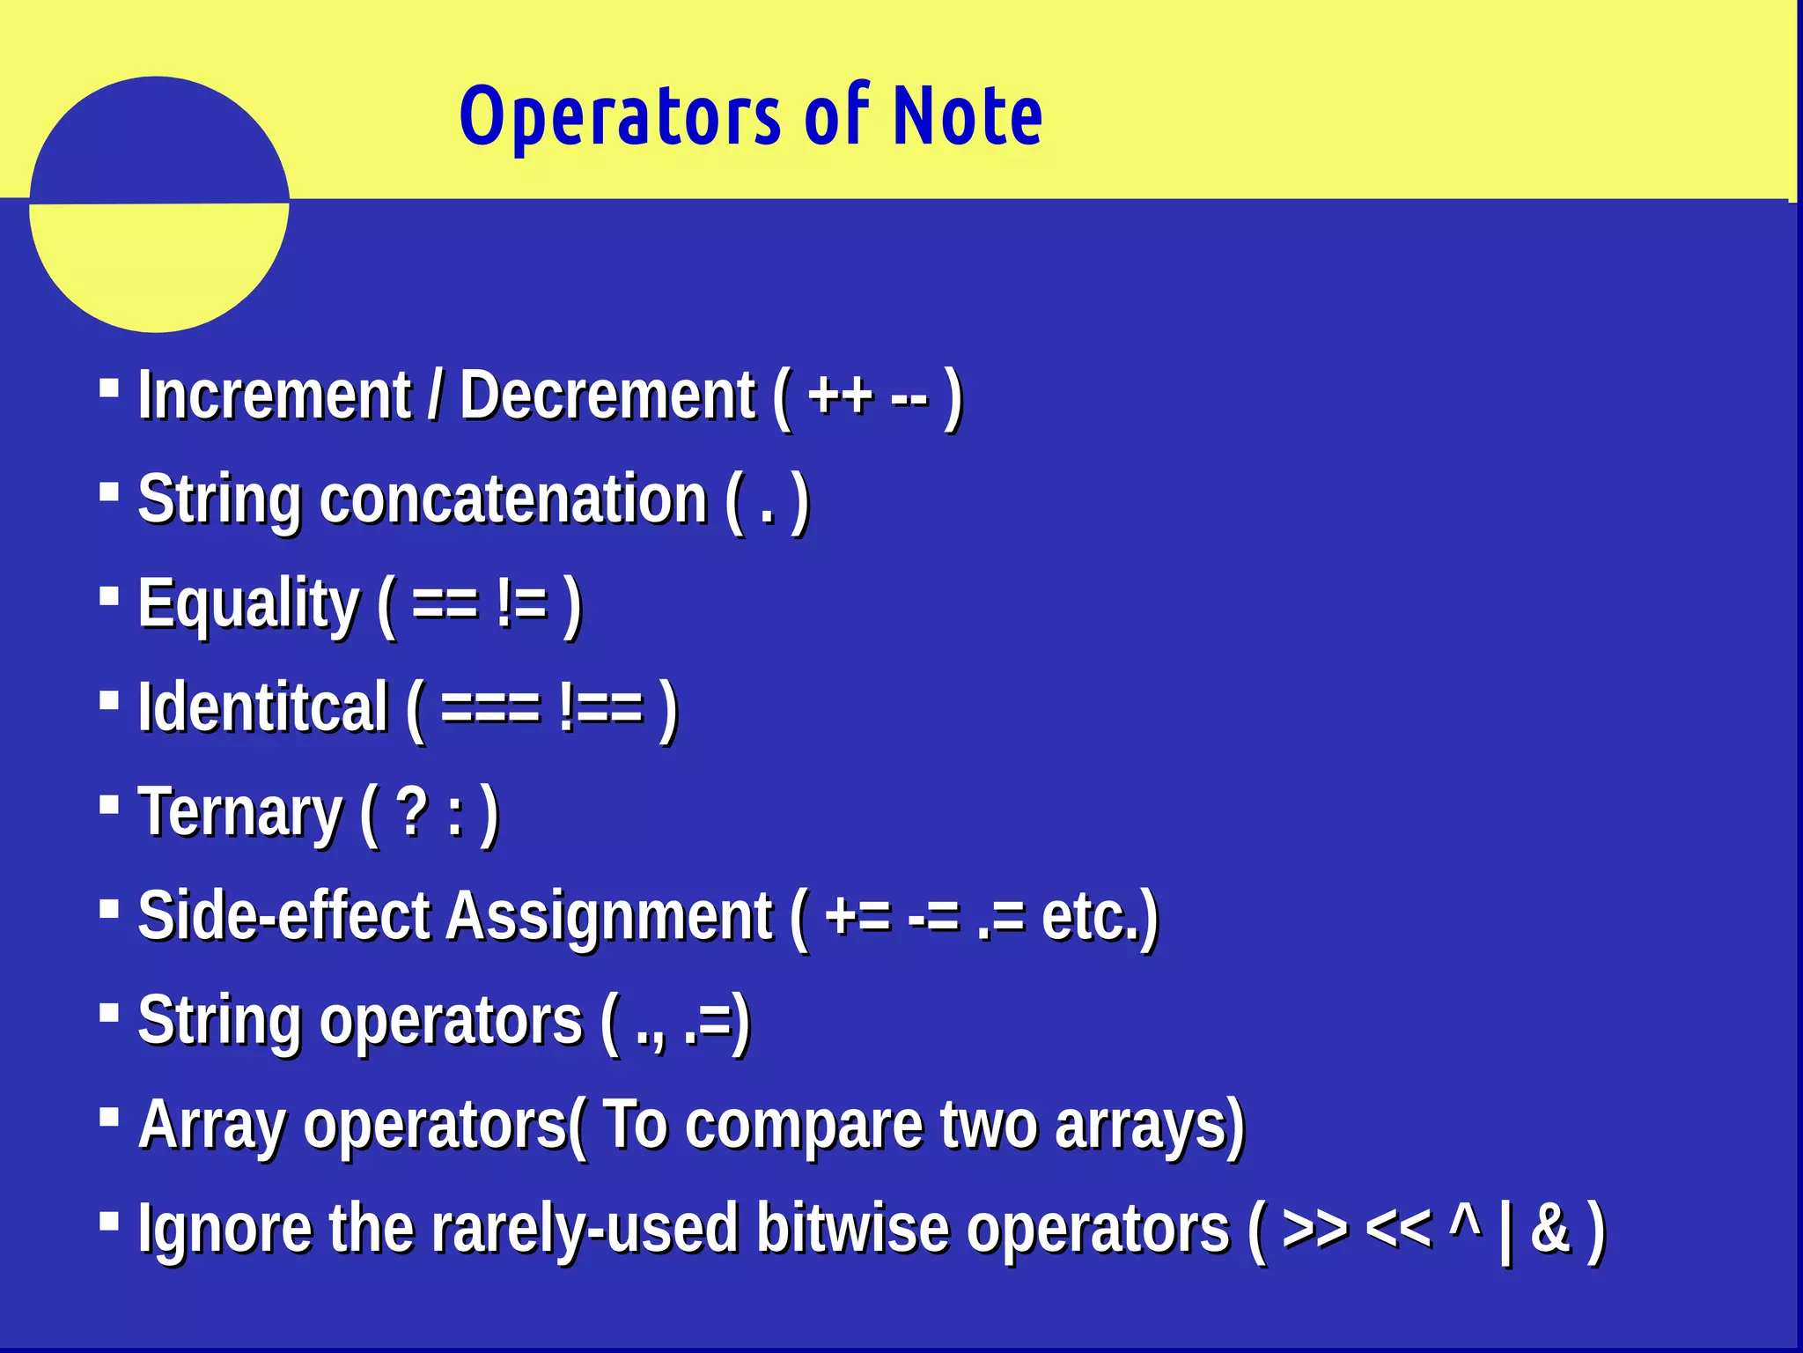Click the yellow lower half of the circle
158,264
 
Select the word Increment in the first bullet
275,396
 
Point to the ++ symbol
840,396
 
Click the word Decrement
607,396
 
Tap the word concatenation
513,499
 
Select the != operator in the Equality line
521,604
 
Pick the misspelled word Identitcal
262,707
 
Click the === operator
489,707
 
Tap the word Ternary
239,812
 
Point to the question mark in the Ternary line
412,812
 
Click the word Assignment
609,916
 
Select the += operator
857,916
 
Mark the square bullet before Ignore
109,1221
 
